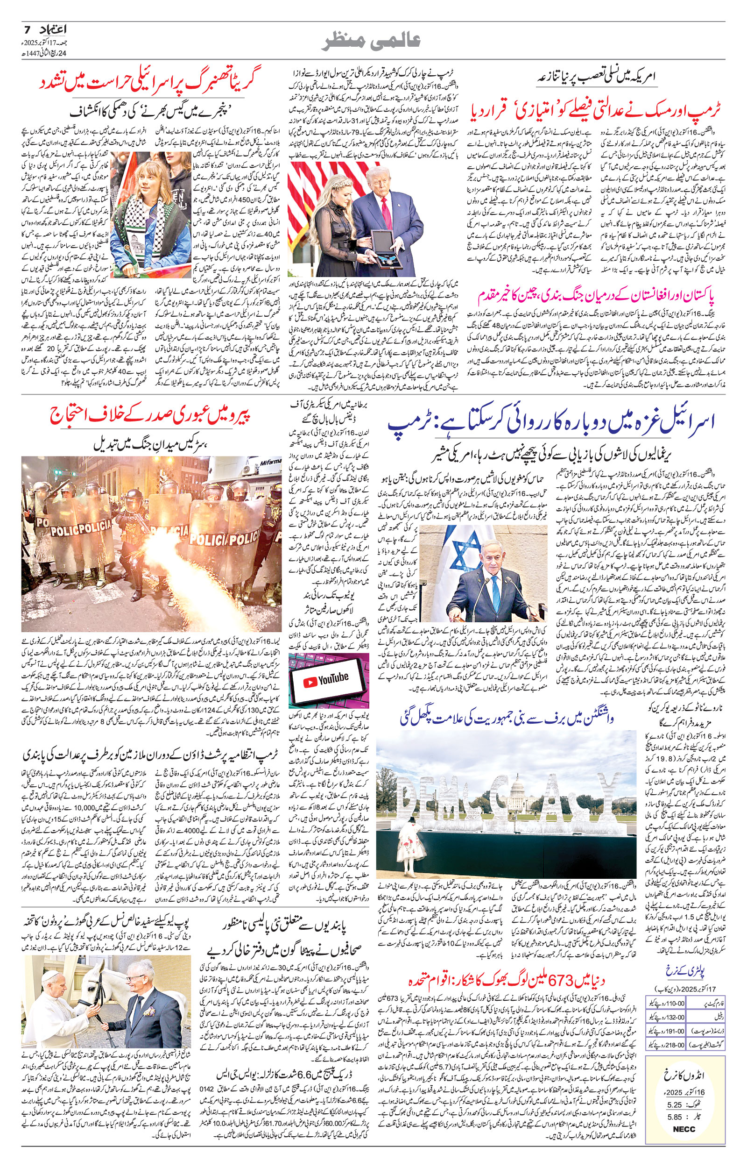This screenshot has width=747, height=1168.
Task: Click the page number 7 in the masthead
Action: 27,30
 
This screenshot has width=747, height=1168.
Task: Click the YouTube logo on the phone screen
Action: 326,681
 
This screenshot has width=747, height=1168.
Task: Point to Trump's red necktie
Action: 388,210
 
